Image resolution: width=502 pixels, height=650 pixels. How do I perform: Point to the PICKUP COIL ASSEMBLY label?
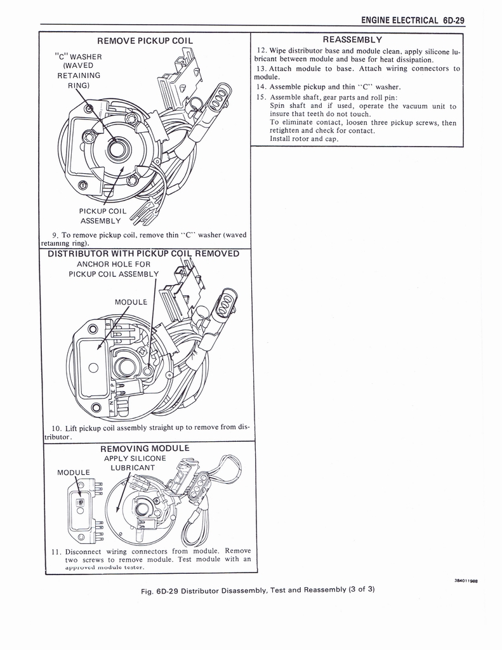(103, 216)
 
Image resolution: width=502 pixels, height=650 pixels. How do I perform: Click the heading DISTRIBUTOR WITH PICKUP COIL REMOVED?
(144, 254)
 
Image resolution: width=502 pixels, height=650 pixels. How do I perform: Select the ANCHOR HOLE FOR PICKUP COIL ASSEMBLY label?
(113, 269)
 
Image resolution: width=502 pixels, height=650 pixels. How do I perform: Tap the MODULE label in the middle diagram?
(131, 302)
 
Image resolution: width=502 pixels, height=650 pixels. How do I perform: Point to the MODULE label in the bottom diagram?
(75, 472)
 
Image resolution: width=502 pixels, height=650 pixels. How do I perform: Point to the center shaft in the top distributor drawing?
(118, 150)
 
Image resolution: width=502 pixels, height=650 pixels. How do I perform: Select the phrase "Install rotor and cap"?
(303, 138)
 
